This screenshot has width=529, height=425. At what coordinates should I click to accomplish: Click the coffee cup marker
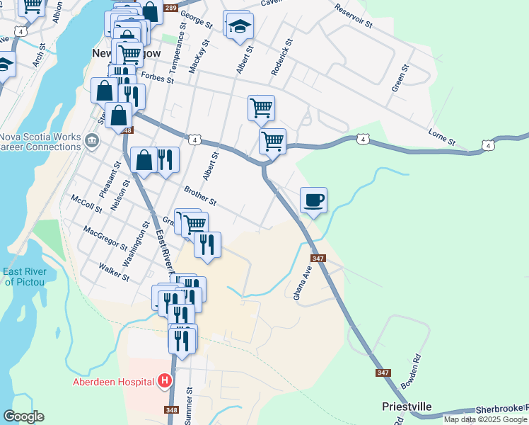point(314,200)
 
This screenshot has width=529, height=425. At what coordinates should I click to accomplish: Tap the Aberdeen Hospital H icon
point(165,382)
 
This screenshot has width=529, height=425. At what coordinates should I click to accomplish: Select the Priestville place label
point(407,407)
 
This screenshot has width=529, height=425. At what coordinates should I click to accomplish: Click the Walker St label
point(115,273)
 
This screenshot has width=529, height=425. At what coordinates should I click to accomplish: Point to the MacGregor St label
point(105,238)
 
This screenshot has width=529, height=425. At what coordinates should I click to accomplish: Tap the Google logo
point(23,416)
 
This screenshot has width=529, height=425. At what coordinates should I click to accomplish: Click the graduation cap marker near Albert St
point(240,26)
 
